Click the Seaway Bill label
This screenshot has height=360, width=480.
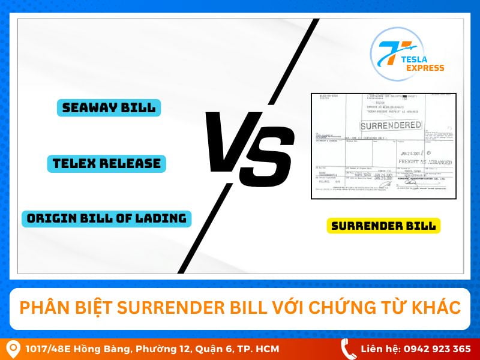109,108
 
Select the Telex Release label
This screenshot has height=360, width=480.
106,163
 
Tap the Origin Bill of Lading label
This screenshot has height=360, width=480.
106,218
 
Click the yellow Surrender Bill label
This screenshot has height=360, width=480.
384,226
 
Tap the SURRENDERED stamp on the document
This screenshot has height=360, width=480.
391,125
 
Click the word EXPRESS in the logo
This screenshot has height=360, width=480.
424,68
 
